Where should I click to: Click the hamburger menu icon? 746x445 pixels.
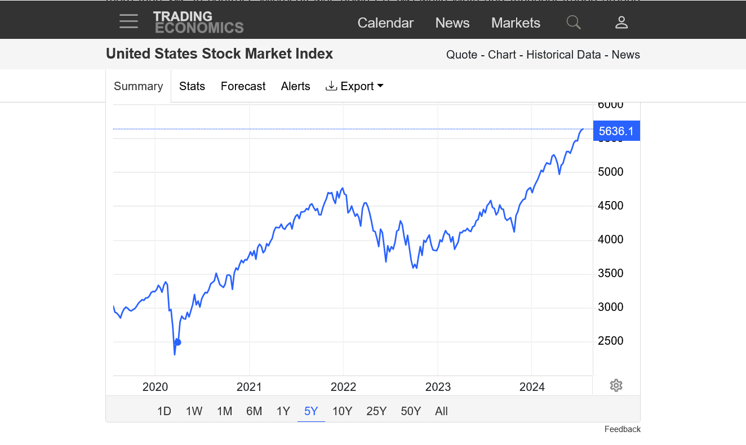point(128,22)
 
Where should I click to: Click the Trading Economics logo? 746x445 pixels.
point(198,23)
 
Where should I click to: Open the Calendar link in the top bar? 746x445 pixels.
point(385,23)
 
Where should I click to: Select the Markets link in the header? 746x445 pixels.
point(516,23)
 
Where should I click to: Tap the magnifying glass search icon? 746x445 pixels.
point(574,23)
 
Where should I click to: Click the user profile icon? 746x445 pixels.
point(621,23)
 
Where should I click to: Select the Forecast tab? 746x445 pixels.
point(243,86)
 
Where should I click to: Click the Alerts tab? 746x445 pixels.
point(295,86)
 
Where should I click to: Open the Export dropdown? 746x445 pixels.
point(355,86)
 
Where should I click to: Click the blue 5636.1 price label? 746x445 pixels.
point(616,132)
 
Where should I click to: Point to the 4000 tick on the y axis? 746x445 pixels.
point(610,239)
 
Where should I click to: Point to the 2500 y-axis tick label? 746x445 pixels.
point(610,341)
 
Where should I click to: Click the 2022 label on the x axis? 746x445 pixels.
point(344,387)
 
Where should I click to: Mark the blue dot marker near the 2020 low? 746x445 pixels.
point(178,342)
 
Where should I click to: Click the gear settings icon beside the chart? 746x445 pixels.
point(616,386)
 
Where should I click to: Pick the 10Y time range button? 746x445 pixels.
point(342,411)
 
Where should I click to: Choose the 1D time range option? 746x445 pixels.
point(164,411)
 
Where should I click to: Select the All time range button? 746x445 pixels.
point(441,411)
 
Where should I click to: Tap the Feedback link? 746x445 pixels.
point(622,429)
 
